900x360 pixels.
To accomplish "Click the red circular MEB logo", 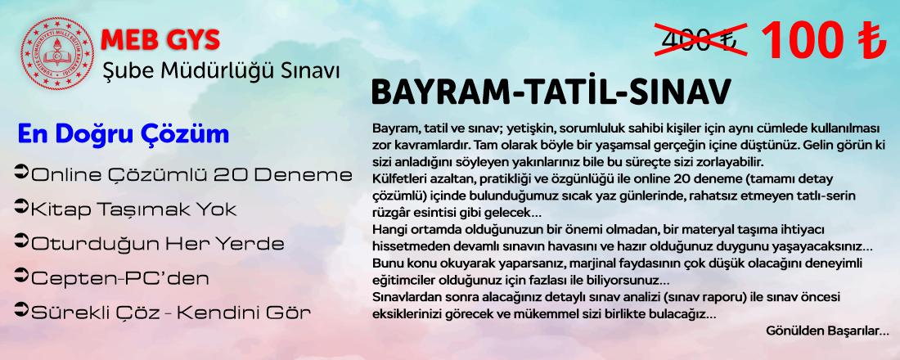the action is pos(57,53).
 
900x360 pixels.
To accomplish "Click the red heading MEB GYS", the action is pos(160,39).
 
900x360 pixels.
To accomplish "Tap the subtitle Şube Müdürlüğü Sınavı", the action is pos(221,71).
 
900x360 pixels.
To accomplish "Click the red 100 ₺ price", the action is pos(824,41).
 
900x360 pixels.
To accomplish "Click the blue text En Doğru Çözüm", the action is pos(124,134).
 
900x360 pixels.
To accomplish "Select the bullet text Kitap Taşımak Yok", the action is pos(133,209).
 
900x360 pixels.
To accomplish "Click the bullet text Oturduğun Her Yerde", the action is pos(158,244).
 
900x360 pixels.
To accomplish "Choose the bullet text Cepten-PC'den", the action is pos(120,278).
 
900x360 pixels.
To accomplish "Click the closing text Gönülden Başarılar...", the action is pos(827,331).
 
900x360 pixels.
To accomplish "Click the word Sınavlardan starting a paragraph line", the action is pos(400,298).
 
